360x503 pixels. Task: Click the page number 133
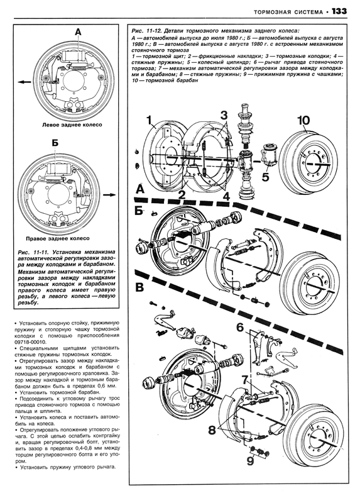coord(339,11)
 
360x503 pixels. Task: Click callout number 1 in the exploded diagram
coord(148,121)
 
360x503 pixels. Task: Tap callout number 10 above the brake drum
coord(303,121)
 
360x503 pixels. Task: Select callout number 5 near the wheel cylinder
coord(265,177)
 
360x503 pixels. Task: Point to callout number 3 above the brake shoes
coord(224,115)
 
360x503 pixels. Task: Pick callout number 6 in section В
coord(240,328)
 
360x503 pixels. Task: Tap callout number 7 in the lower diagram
coord(244,380)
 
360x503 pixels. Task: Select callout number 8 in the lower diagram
coord(212,430)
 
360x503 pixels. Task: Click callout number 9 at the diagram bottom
coord(250,460)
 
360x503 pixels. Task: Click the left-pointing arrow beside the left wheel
coord(25,82)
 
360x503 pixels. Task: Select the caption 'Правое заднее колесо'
coord(58,238)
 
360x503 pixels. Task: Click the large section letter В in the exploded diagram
coord(139,287)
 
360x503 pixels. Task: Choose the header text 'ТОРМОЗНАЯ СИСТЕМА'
coord(288,12)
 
